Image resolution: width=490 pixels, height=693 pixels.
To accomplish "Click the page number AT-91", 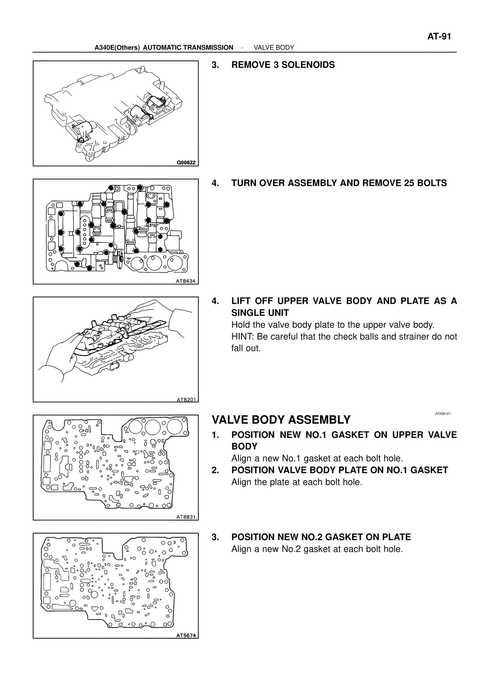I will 439,37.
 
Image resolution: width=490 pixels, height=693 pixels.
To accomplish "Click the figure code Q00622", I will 186,163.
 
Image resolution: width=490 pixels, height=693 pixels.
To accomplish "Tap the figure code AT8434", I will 186,281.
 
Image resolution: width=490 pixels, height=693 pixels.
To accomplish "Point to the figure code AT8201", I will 186,399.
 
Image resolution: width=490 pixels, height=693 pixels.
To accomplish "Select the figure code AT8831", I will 186,517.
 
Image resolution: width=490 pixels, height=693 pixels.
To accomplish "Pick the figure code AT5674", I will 186,636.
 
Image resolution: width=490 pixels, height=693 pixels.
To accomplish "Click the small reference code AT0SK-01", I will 443,414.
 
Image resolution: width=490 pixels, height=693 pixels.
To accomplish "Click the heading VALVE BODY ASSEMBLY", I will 281,420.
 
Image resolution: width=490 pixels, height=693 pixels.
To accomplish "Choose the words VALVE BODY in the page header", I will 274,47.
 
